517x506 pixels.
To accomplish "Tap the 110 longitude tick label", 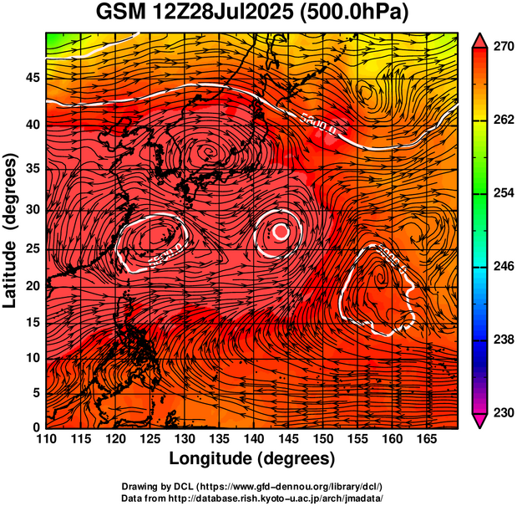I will pos(46,439).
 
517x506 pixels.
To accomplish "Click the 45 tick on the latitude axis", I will pos(32,77).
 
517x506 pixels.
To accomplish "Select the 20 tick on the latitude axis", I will pos(32,284).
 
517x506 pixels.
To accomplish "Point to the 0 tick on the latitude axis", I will pos(35,427).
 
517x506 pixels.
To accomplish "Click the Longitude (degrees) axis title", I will pos(251,458).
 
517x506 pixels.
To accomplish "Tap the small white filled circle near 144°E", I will pos(281,232).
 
